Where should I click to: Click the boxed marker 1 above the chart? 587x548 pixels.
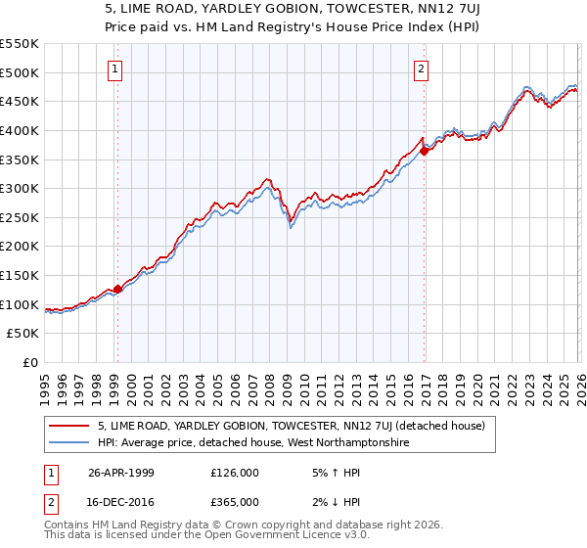116,68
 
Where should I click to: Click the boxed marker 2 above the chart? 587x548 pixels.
421,68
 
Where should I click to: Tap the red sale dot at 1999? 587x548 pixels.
117,289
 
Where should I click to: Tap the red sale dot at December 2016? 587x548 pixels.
425,150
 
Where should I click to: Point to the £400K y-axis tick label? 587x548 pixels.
20,130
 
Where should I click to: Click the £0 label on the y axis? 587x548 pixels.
31,362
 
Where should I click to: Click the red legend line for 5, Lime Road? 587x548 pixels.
69,426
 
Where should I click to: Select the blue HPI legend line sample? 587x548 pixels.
69,442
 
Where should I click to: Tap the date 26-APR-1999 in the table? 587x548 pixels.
122,472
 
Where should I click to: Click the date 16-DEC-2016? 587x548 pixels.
122,501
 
